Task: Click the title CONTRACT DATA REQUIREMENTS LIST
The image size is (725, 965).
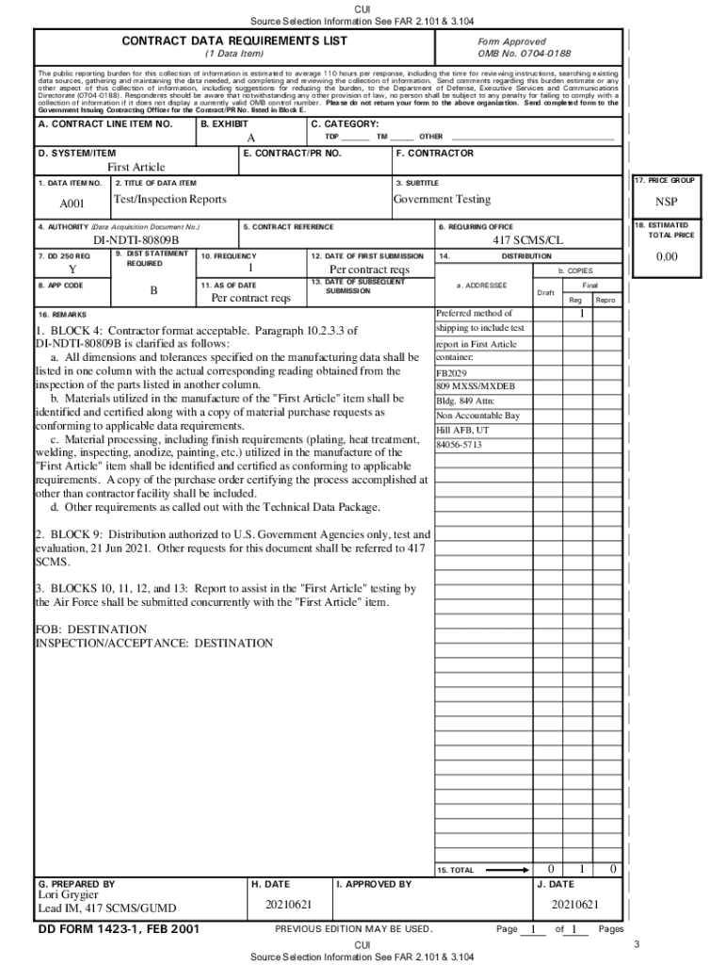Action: [234, 41]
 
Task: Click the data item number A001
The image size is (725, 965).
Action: [72, 203]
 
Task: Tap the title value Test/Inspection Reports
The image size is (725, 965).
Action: [169, 200]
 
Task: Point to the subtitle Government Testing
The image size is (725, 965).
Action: [442, 200]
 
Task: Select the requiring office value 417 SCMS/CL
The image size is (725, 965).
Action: [528, 241]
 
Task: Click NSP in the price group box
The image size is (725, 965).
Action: [666, 203]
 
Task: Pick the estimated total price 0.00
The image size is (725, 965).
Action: [666, 257]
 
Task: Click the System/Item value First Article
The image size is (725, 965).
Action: [136, 167]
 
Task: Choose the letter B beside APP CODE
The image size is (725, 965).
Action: [153, 291]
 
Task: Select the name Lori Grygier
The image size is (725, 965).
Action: [68, 895]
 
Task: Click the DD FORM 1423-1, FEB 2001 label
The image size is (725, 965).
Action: [118, 930]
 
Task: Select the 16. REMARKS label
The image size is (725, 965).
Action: [62, 314]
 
